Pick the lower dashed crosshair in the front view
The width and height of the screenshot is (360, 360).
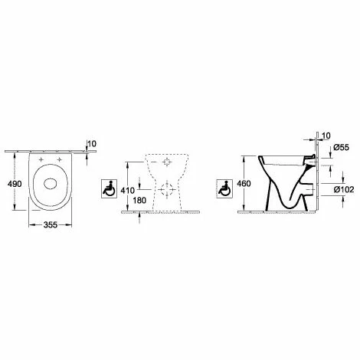165,188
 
